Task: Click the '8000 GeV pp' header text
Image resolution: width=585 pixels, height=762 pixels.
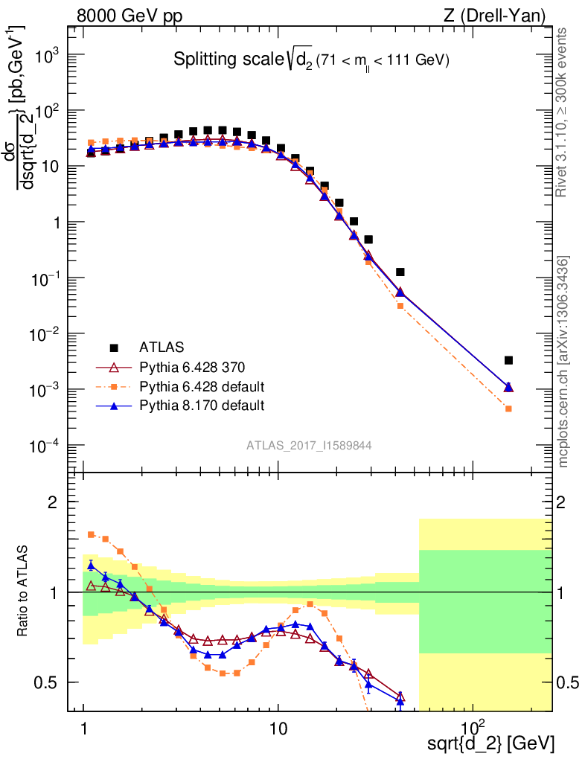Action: click(130, 15)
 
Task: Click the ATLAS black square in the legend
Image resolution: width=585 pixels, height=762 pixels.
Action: click(114, 347)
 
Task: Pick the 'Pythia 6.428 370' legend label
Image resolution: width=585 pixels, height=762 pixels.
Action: click(192, 367)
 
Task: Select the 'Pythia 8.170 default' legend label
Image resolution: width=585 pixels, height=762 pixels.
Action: click(202, 406)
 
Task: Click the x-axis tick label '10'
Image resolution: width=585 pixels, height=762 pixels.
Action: click(278, 725)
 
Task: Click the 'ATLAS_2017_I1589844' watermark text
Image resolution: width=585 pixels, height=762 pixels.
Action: click(309, 446)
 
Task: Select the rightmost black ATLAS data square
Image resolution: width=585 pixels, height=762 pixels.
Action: click(508, 360)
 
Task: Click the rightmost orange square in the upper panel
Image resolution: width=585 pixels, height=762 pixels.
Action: click(508, 409)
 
